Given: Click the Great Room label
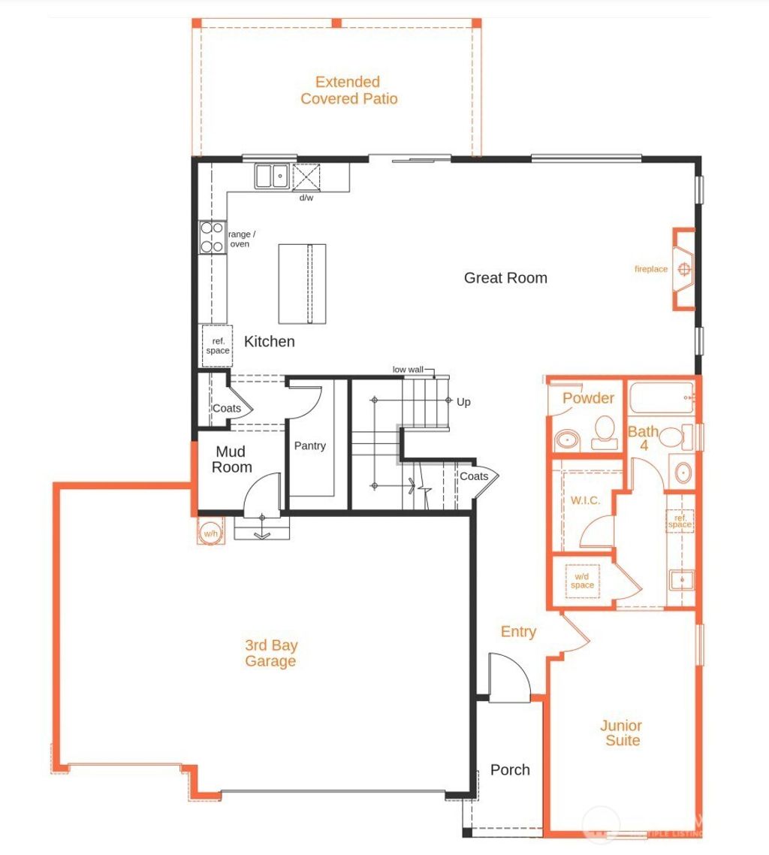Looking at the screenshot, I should (505, 278).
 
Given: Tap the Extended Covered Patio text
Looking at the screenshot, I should (349, 90).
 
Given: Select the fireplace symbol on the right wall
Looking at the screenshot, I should (683, 269).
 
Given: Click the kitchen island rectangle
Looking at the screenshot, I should (302, 283).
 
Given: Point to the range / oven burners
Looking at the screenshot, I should (213, 237).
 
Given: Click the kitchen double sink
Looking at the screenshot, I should (271, 177).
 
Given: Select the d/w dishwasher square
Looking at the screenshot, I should (306, 178).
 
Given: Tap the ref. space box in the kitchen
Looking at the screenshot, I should (218, 346).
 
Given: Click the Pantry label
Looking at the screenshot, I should (309, 446).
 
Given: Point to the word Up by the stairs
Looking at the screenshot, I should (463, 402).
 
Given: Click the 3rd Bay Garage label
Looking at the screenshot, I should (270, 653).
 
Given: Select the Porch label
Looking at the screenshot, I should (510, 770).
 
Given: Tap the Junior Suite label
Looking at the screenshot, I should (620, 733).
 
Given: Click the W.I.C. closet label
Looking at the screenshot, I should (585, 500).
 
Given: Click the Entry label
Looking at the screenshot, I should (518, 632).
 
